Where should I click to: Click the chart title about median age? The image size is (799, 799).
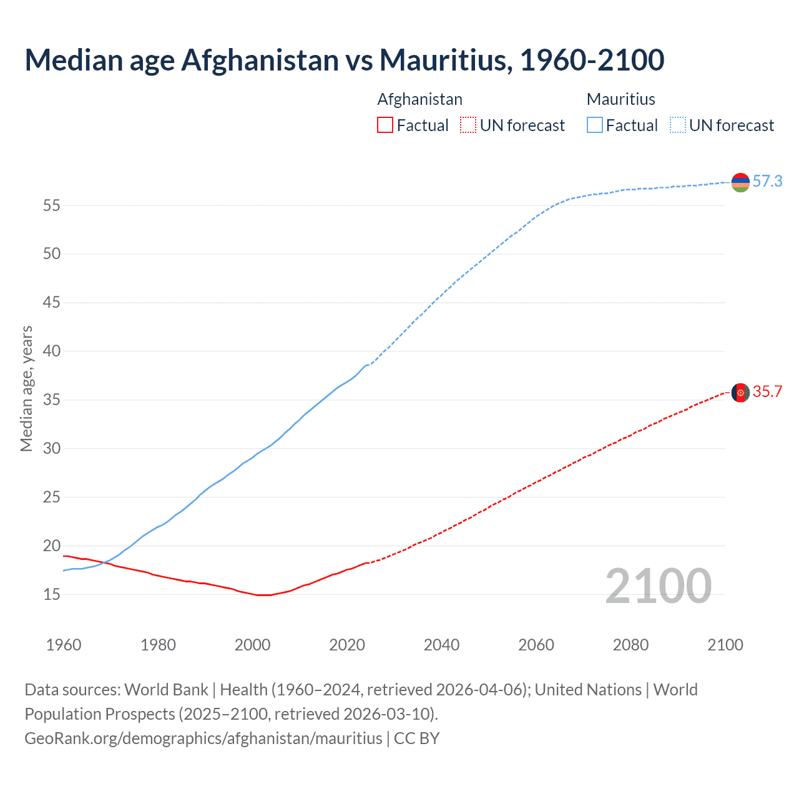point(344,60)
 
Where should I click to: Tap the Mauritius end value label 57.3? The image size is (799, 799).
point(767,181)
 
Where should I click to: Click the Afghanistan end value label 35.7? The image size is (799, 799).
point(767,391)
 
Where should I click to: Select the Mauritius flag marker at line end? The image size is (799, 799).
point(740,182)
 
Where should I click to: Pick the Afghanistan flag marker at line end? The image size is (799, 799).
point(740,393)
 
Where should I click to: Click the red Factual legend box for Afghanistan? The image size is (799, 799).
point(385,125)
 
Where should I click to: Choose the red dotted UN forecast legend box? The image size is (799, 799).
point(468,125)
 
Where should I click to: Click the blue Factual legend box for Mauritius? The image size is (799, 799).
point(595,125)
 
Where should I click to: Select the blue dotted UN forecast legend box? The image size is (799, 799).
point(677,125)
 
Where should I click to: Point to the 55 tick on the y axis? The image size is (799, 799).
point(51,205)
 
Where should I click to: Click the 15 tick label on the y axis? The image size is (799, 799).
point(51,594)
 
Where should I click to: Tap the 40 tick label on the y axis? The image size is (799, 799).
point(51,351)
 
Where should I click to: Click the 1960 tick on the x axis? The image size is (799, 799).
point(64,645)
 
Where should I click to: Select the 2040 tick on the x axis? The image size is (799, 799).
point(441,645)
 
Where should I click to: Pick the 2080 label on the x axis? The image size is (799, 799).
point(630,645)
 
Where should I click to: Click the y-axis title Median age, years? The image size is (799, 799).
point(26,388)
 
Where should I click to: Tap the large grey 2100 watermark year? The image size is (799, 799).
point(658,586)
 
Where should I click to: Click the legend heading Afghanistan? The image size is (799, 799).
point(419,99)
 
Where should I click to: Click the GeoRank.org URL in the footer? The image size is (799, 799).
point(203,738)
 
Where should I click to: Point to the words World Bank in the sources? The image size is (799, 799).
point(166,690)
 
